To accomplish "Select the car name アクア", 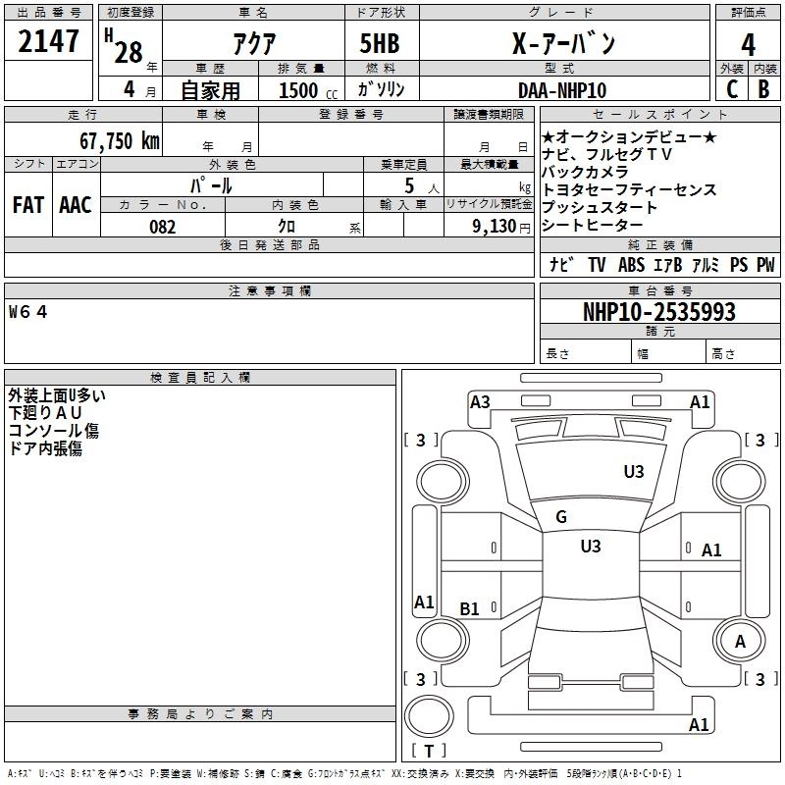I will pos(253,44).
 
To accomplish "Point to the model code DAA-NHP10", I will pos(562,90).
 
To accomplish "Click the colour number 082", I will pos(163,227).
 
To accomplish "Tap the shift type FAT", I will pos(27,205).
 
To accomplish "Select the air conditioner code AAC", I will pos(75,205).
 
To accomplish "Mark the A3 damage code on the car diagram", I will pos(480,401).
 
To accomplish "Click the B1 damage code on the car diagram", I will pos(470,609).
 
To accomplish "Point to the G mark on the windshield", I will pos(561,517).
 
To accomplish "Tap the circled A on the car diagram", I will pos(740,641).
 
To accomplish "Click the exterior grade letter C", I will pos(731,90).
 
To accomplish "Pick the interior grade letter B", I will pos(763,90).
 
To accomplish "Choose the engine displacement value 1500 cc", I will pos(301,90).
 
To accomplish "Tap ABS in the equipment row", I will pos(631,265).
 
